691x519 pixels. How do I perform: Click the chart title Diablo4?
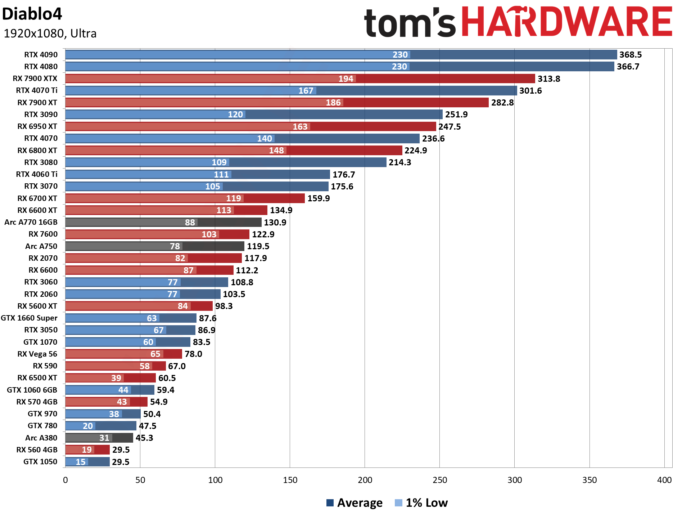(32, 14)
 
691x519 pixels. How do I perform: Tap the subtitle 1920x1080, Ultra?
(50, 33)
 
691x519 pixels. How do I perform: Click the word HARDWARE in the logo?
(566, 22)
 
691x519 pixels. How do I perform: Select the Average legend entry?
(354, 503)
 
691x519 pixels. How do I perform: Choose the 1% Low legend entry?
(421, 503)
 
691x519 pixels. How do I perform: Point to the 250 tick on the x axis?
(440, 480)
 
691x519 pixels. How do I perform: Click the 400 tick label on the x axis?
(664, 480)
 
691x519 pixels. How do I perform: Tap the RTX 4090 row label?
(41, 55)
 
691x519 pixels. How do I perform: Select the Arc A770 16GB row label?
(31, 222)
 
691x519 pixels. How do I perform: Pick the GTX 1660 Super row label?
(29, 318)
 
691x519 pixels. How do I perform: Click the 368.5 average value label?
(631, 55)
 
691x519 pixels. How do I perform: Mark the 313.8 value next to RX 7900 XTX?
(549, 79)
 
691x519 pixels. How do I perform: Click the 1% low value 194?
(346, 79)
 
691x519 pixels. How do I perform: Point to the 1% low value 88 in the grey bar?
(190, 223)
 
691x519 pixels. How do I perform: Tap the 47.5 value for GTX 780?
(148, 426)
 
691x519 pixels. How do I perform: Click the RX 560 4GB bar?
(87, 450)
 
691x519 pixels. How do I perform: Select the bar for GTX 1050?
(87, 462)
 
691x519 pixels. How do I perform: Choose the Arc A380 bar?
(99, 438)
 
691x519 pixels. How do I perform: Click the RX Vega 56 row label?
(37, 354)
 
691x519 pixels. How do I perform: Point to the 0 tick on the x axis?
(66, 480)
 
